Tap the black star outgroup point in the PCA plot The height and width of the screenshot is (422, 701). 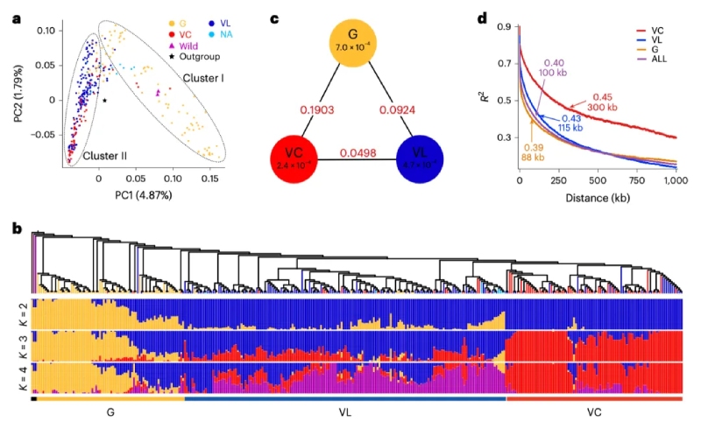point(104,101)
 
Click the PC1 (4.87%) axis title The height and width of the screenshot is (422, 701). point(133,194)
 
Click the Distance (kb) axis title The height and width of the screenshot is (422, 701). point(599,200)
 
